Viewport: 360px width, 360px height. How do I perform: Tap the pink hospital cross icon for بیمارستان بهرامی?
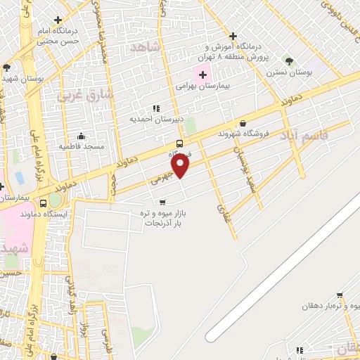coord(203,75)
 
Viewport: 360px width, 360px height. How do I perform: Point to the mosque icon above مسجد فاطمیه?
coord(82,136)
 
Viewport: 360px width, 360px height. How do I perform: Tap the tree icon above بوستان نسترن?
coord(286,61)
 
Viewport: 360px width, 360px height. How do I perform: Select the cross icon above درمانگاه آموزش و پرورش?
coord(233,37)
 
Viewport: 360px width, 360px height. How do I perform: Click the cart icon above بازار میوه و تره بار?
coord(162,202)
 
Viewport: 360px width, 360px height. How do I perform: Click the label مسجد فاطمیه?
coord(82,146)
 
